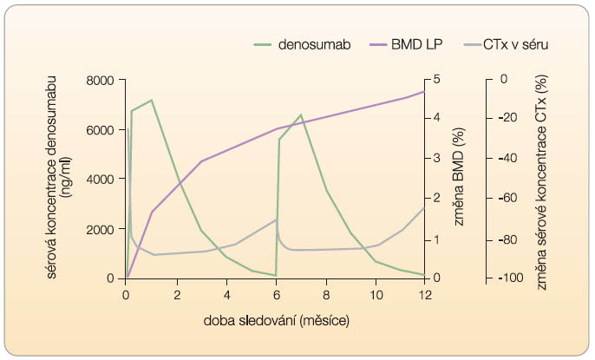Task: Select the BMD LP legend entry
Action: coord(415,43)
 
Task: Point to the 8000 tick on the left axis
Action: coord(98,80)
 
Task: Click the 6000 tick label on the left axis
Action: coord(98,129)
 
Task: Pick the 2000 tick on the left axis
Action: coord(98,229)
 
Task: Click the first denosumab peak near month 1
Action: coord(152,100)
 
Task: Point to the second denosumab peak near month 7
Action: coord(301,115)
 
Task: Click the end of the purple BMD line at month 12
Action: coord(424,91)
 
